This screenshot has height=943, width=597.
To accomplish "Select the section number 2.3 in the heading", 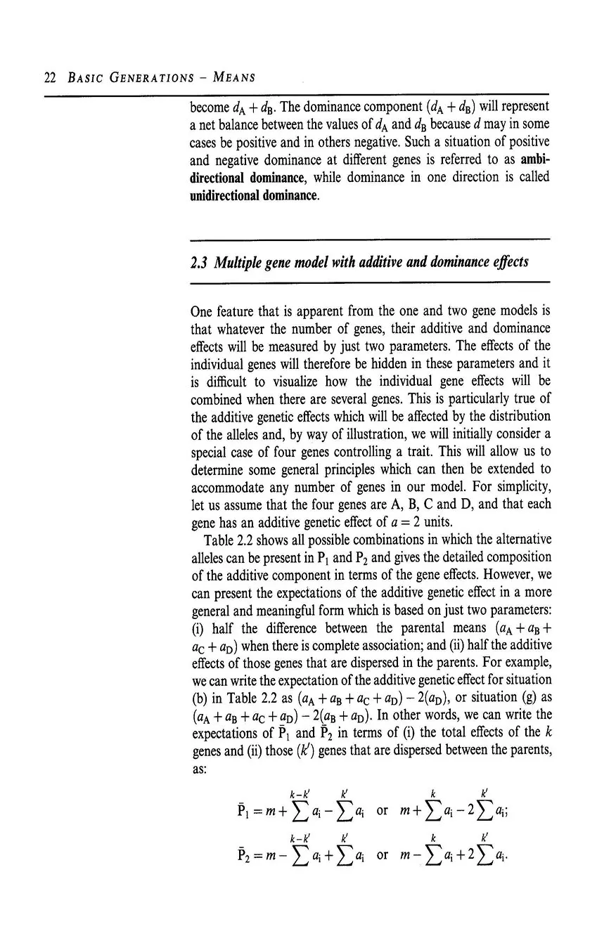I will [202, 261].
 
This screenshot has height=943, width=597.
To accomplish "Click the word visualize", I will [297, 380].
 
